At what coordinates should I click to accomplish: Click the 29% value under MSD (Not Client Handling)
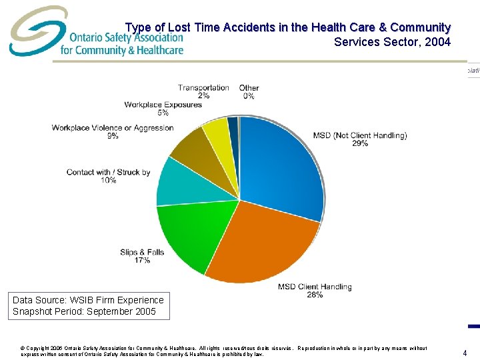(360, 144)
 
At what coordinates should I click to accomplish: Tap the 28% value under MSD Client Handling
(315, 295)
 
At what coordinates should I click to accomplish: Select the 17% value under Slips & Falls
(142, 261)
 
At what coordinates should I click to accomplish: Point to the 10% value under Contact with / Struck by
(109, 181)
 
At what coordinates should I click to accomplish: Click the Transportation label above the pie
(203, 87)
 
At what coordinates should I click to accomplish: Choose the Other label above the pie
(249, 87)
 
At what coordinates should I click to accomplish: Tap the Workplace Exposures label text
(163, 104)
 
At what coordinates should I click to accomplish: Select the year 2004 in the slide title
(437, 42)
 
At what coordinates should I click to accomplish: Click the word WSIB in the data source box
(85, 300)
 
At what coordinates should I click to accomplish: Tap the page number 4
(465, 353)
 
